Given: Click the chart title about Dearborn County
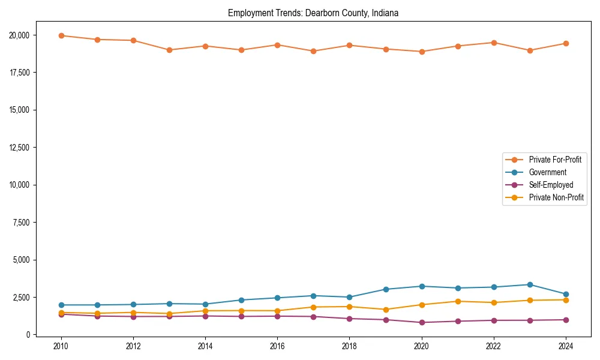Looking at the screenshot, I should [313, 13].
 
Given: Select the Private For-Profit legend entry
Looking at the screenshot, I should [551, 160].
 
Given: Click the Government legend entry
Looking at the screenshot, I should [547, 172].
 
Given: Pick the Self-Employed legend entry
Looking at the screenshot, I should [551, 185].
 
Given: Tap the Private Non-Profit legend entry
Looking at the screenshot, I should [556, 197].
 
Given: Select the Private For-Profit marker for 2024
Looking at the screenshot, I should [566, 43].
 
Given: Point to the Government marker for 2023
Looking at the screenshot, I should [530, 284].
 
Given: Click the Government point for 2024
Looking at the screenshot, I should [566, 295].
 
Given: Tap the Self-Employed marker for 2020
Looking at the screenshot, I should [422, 322].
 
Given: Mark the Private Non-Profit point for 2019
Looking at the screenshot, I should [386, 310].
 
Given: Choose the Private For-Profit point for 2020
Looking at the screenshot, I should [422, 52].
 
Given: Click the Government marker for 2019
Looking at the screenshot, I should [386, 289].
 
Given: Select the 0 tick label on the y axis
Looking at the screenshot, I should [27, 335].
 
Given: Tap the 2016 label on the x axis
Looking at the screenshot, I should [277, 346].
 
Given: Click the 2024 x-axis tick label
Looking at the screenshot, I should [566, 346].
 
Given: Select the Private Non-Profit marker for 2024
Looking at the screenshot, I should [566, 300].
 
